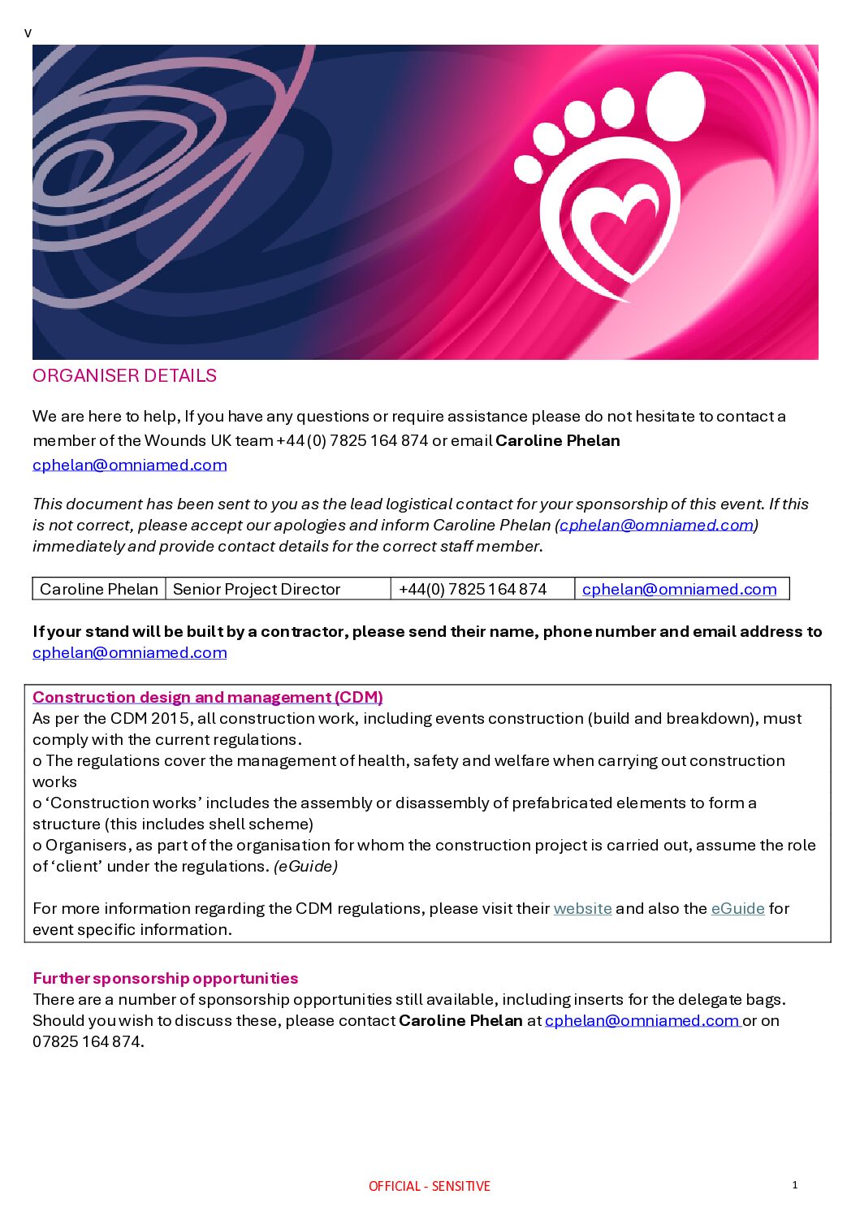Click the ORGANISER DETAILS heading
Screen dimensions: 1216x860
point(124,375)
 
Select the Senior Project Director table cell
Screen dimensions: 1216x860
point(257,589)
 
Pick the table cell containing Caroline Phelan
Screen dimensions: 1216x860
point(99,589)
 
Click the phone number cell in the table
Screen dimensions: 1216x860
point(473,589)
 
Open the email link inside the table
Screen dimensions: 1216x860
point(679,589)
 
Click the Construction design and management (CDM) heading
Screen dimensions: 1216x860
point(208,697)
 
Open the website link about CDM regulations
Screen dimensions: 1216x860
point(582,908)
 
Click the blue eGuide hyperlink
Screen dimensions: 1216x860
point(737,908)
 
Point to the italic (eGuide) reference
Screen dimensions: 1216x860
point(305,866)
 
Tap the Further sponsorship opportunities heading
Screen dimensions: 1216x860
point(166,978)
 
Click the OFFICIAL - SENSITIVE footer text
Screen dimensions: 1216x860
point(430,1186)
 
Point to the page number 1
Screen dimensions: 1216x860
point(795,1184)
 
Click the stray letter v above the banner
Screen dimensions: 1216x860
point(28,33)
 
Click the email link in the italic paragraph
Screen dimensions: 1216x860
point(656,525)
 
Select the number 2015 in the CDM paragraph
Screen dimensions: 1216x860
point(170,718)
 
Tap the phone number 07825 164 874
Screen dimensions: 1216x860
point(87,1041)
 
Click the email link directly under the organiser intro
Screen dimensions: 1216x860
point(130,465)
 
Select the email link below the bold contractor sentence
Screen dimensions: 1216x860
point(130,652)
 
